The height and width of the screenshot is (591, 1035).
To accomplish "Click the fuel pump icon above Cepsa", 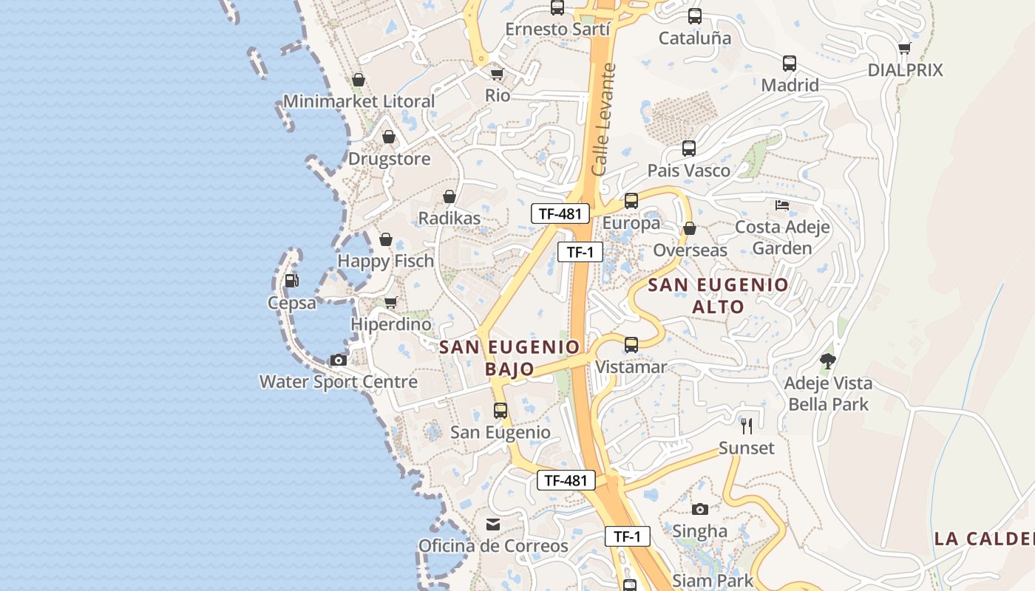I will point(291,281).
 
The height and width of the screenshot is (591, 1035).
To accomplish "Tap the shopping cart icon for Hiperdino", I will point(390,302).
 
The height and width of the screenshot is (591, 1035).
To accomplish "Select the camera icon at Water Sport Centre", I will point(339,361).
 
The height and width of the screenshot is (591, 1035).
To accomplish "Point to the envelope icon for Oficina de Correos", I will point(492,525).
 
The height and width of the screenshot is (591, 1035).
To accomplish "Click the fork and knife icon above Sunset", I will point(747,426).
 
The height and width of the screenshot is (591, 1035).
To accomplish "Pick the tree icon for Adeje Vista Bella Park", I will point(828,361).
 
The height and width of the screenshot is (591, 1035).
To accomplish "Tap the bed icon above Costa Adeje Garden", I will point(782,205).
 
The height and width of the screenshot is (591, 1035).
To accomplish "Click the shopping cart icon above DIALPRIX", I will point(904,48).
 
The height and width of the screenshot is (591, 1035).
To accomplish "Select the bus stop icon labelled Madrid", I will point(790,64).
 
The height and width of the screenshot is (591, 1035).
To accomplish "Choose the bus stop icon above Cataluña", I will point(694,16).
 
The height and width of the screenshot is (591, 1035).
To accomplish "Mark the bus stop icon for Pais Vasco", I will point(688,148).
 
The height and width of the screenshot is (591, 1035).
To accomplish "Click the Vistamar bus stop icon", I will point(631,345).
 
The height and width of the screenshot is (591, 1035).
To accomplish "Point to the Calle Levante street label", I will point(605,120).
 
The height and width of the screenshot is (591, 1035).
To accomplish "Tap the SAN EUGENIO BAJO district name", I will point(510,358).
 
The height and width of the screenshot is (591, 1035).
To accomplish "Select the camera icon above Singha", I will point(699,509).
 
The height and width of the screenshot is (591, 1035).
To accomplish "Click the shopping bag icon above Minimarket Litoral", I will point(359,80).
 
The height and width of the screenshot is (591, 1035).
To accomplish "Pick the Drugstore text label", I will point(389,159).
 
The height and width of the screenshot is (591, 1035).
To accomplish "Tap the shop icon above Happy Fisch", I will point(385,239).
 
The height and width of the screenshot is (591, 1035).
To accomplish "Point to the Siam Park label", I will point(713,581).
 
